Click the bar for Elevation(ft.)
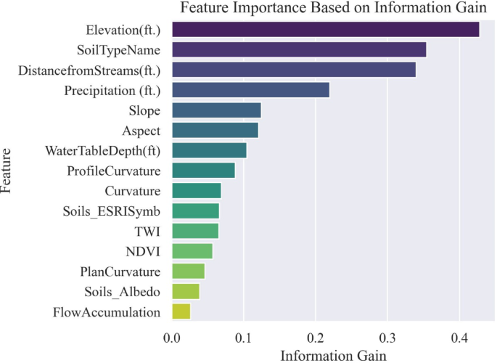coord(326,30)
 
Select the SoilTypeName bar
coord(299,50)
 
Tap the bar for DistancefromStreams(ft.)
coord(294,70)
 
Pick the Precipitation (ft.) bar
coord(251,90)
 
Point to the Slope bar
coord(217,110)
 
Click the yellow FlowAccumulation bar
coord(181,311)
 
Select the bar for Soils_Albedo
coord(186,291)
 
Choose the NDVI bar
coord(192,251)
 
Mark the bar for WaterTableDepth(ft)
coord(210,150)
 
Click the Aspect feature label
coord(141,131)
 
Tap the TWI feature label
coord(147,232)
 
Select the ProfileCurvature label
coord(114,171)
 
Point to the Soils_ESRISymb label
coord(112,211)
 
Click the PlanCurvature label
coord(120,272)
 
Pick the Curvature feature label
coord(133,191)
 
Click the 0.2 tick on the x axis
coord(316,338)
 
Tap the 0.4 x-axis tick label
coord(459,338)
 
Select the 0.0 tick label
coord(172,338)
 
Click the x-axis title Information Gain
coord(334,356)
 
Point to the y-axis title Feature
coord(6,171)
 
